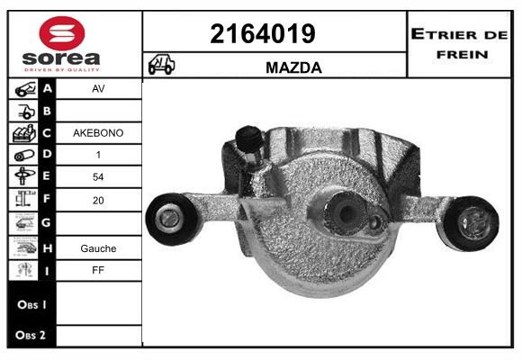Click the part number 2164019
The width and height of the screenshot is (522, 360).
coord(263,34)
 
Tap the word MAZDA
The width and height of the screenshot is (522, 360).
coord(293,67)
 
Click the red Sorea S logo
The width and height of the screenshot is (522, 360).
coord(62,33)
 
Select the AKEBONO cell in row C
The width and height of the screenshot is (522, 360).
coord(98,133)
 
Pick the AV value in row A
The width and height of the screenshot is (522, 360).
coord(98,88)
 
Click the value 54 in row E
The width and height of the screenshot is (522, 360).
coord(98,176)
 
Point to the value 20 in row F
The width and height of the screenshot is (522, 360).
coord(98,200)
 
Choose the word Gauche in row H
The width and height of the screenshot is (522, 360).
coord(98,248)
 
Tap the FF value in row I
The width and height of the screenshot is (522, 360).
coord(98,270)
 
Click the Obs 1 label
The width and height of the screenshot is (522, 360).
coord(31,304)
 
